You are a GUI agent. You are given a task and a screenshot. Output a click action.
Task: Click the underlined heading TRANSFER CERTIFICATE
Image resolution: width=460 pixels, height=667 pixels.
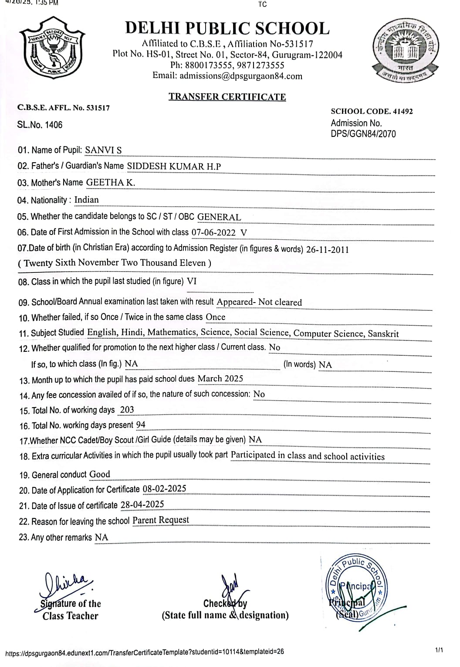[x=227, y=97]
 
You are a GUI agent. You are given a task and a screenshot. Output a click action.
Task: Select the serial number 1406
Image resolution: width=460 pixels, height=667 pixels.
[x=54, y=125]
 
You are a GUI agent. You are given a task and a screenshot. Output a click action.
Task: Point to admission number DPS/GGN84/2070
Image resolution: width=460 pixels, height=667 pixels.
[x=363, y=134]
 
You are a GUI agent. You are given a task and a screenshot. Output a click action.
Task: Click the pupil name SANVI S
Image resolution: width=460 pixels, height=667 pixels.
[x=103, y=150]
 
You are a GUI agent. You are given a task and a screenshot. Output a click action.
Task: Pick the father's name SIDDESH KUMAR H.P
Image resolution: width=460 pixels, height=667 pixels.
[x=174, y=166]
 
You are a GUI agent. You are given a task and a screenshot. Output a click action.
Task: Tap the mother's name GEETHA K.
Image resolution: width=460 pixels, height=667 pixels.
[x=111, y=183]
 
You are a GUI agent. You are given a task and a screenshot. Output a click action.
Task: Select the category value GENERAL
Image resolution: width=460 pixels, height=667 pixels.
[x=219, y=217]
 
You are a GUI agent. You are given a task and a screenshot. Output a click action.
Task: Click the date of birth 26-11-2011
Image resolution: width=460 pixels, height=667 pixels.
[x=327, y=249]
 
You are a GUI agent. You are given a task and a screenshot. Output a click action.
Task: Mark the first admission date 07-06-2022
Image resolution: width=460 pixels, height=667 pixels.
[x=213, y=232]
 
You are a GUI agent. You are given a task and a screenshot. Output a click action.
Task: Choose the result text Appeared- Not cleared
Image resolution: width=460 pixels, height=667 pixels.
[x=259, y=302]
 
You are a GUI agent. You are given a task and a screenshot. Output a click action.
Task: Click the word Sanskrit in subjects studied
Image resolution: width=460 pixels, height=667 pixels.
[x=383, y=333]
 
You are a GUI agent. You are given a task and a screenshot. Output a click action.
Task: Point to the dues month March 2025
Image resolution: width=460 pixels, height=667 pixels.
[x=220, y=378]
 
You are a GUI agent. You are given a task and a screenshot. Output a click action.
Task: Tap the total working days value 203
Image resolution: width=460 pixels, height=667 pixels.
[x=127, y=409]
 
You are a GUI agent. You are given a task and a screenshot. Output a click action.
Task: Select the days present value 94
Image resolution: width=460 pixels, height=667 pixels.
[x=141, y=425]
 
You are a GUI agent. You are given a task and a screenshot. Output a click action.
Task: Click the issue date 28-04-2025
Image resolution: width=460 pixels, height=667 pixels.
[x=142, y=504]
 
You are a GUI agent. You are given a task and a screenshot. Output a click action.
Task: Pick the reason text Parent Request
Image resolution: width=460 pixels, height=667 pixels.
[x=161, y=520]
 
